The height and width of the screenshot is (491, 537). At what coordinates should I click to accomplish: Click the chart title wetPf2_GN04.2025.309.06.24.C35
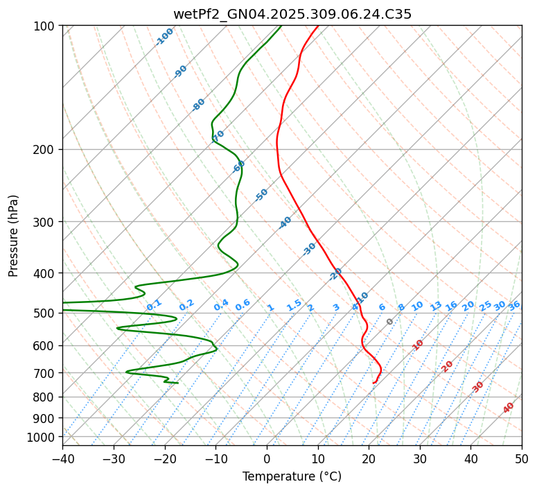[x=292, y=14]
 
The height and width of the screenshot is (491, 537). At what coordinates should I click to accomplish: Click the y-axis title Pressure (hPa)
[x=14, y=235]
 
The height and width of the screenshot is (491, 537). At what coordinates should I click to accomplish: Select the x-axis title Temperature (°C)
[x=292, y=476]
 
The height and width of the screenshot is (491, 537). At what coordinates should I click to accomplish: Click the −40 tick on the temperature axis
[x=62, y=458]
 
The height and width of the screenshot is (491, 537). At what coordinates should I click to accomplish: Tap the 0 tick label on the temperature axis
[x=267, y=458]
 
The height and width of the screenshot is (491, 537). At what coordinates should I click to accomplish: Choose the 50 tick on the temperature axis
[x=522, y=458]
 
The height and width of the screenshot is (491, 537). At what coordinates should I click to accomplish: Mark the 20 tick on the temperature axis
[x=369, y=458]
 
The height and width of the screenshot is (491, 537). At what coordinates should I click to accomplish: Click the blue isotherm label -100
[x=164, y=37]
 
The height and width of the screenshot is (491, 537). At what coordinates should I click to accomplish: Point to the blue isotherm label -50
[x=261, y=195]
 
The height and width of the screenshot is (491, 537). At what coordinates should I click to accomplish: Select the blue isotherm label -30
[x=310, y=248]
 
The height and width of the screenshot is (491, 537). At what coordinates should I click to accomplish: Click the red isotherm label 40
[x=509, y=408]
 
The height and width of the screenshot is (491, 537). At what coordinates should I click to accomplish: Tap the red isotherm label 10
[x=418, y=345]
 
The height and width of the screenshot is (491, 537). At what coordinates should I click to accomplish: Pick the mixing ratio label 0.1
[x=154, y=304]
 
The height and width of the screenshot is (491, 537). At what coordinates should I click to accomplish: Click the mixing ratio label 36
[x=514, y=305]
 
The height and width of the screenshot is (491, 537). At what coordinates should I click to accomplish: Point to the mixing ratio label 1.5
[x=294, y=304]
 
